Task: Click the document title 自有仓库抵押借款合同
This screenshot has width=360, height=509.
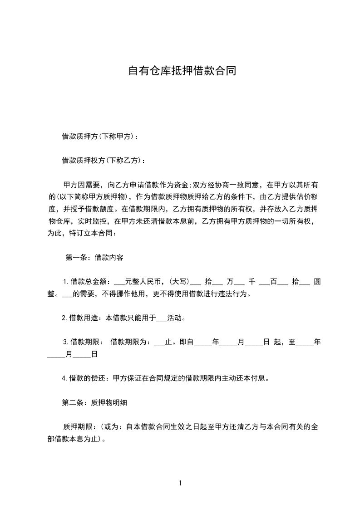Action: (182, 71)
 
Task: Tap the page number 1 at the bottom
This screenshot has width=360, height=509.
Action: (180, 483)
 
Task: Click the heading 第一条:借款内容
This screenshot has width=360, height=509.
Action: (94, 258)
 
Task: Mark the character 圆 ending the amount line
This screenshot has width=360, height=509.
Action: (317, 282)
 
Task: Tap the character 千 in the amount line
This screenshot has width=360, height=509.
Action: (252, 282)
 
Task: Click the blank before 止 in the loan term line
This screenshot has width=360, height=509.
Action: (159, 342)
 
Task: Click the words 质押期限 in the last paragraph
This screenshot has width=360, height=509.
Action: (78, 426)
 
